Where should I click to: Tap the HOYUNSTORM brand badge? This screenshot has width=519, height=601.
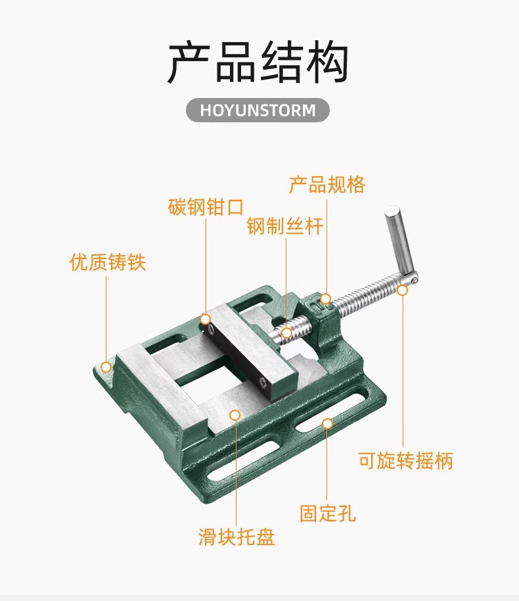[x=258, y=110]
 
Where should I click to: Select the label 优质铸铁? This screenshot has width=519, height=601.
[x=108, y=262]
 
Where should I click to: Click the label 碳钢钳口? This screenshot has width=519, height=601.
[x=206, y=207]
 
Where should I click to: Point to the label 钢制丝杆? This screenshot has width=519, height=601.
[x=285, y=227]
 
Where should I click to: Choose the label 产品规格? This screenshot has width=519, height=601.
[x=327, y=185]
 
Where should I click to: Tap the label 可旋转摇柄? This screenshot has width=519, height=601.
[x=405, y=460]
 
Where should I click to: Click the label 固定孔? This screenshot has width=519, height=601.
[x=328, y=512]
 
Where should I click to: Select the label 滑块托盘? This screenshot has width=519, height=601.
[x=237, y=537]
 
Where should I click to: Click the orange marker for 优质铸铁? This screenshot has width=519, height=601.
[x=106, y=366]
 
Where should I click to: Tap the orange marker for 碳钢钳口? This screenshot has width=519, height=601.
[x=206, y=320]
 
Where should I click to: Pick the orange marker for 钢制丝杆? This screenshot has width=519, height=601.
[x=286, y=333]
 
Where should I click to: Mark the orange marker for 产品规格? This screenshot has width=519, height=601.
[x=326, y=299]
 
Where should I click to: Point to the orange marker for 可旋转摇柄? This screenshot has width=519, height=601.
[x=402, y=290]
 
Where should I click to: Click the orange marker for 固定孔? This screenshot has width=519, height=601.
[x=327, y=424]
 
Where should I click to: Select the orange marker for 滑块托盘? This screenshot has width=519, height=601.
[x=235, y=414]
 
